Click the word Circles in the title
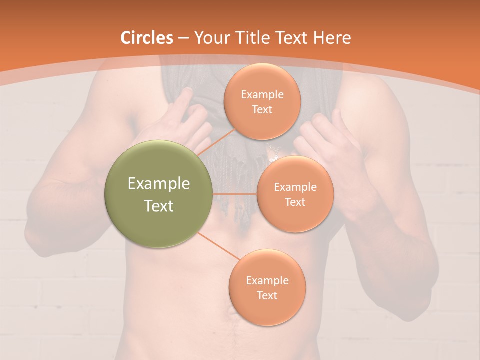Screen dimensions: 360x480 (147, 38)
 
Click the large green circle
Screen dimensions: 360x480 (159, 194)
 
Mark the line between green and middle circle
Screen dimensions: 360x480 (235, 194)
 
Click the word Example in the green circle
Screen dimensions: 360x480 (159, 184)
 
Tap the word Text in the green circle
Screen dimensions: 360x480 (159, 206)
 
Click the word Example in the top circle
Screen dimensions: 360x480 (262, 95)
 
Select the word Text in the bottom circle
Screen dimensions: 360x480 (267, 295)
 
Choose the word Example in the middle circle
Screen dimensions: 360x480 (295, 187)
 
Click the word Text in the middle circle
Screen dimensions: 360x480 (295, 202)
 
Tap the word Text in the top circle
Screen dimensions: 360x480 (262, 109)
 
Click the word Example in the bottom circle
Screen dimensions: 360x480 (267, 281)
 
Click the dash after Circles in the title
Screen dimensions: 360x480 (183, 38)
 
